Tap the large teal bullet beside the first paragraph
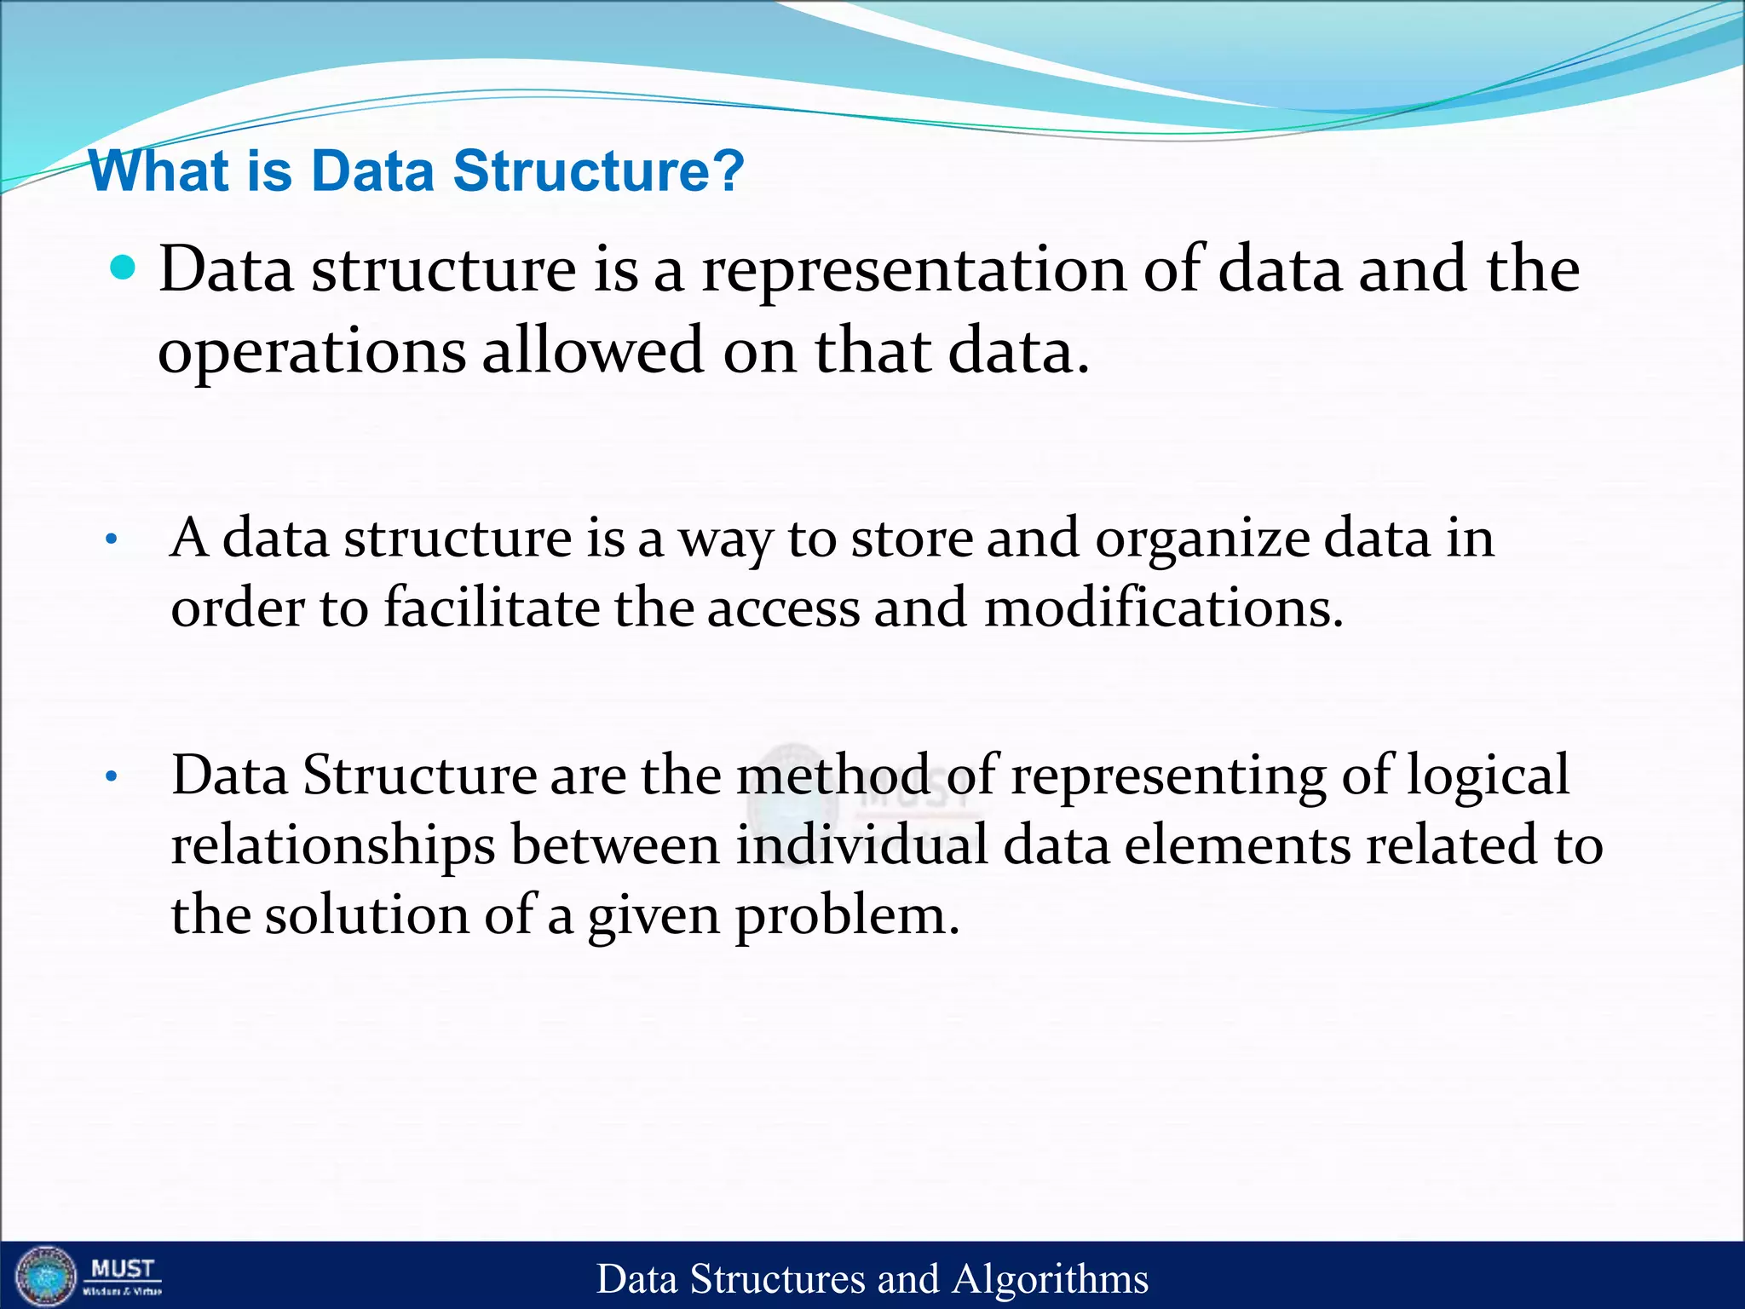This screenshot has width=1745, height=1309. coord(124,268)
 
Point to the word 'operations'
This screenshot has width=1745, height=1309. coord(312,352)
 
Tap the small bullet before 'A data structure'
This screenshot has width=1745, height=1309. coord(111,539)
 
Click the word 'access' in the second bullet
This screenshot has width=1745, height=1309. coord(783,609)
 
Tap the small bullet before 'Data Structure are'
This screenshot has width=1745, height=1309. coord(111,776)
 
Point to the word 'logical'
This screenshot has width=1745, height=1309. coord(1487,777)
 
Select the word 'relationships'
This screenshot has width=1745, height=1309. coord(333,846)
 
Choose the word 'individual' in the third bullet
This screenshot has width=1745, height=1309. coord(862,845)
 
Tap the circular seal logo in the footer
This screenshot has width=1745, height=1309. coord(46,1277)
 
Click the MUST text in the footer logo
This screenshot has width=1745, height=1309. coord(123,1269)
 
